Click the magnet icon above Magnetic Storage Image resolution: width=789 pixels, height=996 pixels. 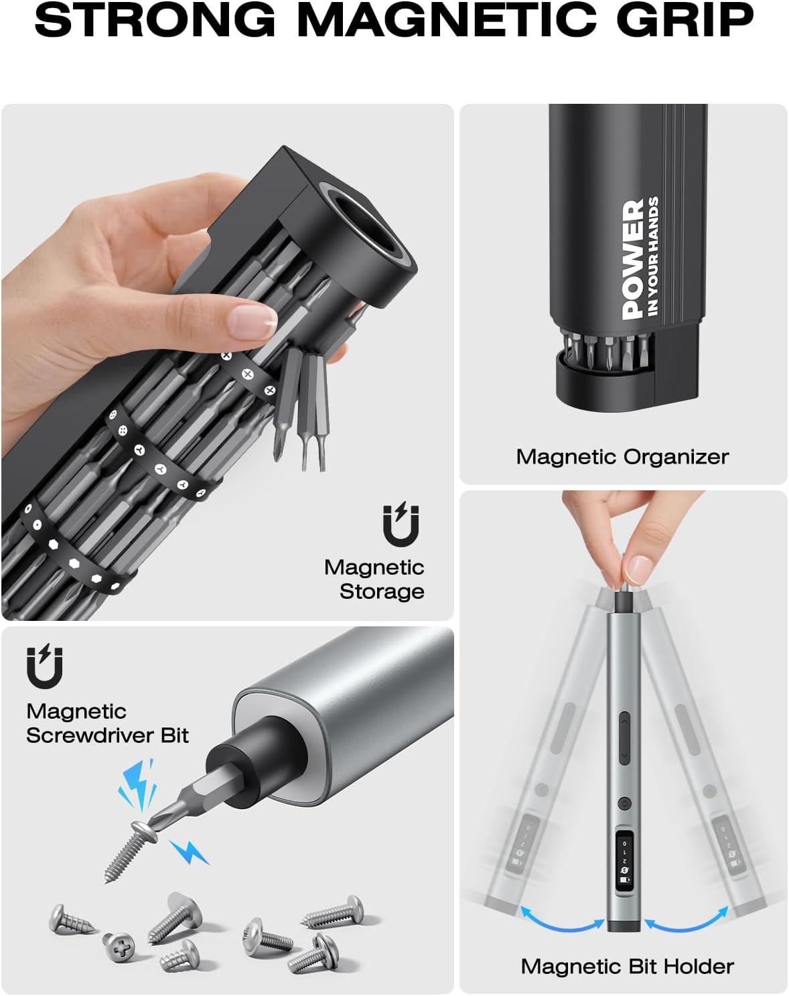click(401, 524)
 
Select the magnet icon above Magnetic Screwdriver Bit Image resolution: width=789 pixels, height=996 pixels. click(44, 666)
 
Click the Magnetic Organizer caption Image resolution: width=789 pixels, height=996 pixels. click(622, 457)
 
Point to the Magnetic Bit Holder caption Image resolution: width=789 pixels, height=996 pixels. click(627, 967)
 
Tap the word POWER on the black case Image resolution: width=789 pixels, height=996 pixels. click(632, 259)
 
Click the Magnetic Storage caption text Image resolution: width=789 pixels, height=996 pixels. click(374, 579)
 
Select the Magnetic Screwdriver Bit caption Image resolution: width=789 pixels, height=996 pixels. click(107, 723)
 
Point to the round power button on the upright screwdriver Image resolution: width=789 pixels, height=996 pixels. click(624, 802)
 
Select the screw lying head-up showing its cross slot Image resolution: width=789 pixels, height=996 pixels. click(119, 945)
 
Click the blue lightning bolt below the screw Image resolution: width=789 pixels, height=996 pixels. click(190, 852)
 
